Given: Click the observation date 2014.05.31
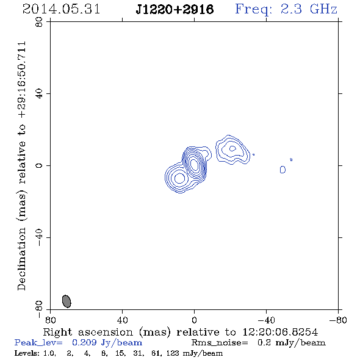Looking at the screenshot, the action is [61, 9].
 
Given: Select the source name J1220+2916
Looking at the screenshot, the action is [175, 9].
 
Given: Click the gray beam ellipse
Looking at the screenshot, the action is [67, 301].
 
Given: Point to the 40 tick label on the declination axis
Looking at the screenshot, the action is [39, 94].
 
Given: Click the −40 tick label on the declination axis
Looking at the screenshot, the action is [39, 237].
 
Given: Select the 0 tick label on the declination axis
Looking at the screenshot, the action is [39, 165].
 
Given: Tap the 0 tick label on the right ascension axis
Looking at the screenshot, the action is [194, 320].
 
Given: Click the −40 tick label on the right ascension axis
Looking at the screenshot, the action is [266, 320].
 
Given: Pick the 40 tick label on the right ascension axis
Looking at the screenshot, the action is [123, 320].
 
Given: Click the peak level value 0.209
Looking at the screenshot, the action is [84, 342].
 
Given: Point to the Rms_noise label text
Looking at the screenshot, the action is [220, 343].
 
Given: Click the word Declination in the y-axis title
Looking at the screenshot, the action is [21, 259].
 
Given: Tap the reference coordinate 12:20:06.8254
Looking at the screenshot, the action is [280, 332].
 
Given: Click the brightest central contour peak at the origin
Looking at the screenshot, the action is [195, 165].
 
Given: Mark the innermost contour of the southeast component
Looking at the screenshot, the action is [180, 178].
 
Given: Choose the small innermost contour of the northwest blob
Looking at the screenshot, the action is [232, 148].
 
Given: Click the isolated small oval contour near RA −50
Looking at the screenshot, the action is [283, 170].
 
